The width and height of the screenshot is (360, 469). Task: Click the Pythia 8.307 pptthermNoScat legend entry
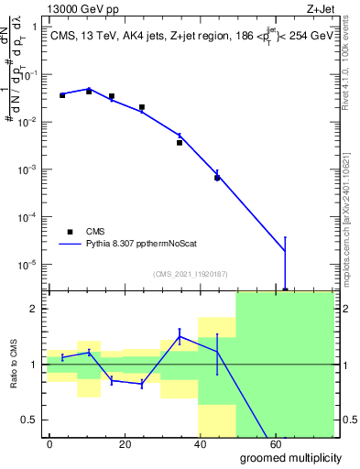pyautogui.click(x=134, y=245)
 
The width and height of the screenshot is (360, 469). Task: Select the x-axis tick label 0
pyautogui.click(x=49, y=444)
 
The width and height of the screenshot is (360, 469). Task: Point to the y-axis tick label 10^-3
pyautogui.click(x=27, y=169)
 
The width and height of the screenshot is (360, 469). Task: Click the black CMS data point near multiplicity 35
pyautogui.click(x=180, y=142)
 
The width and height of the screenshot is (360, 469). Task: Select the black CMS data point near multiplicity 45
pyautogui.click(x=217, y=178)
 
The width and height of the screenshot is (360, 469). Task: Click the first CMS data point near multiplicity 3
pyautogui.click(x=62, y=95)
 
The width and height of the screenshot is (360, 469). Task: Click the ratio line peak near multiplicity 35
pyautogui.click(x=180, y=336)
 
